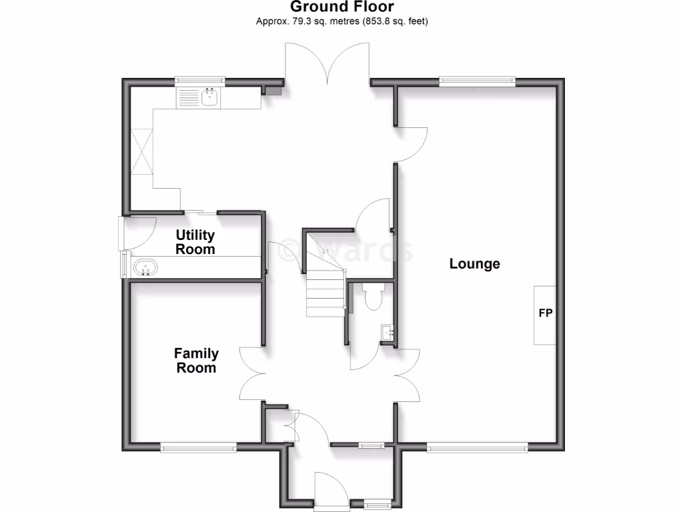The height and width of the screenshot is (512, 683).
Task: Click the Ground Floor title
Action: (x=341, y=7)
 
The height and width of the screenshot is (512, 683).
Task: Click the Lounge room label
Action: (x=474, y=263)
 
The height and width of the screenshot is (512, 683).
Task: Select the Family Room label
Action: (x=196, y=360)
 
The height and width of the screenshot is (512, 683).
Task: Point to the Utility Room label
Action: (x=195, y=242)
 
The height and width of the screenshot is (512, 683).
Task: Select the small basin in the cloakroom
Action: (x=387, y=332)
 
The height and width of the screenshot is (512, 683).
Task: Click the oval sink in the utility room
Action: (x=146, y=269)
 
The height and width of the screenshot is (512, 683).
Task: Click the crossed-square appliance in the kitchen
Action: (x=142, y=151)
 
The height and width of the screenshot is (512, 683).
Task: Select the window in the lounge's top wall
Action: (x=477, y=81)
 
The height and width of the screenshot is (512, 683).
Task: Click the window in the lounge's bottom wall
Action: (x=477, y=448)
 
